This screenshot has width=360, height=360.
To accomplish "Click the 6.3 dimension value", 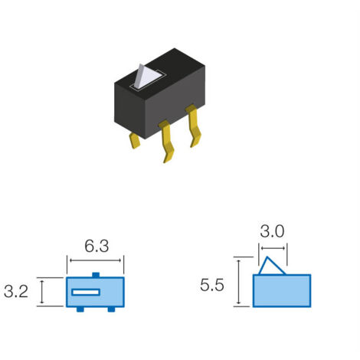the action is [97, 247].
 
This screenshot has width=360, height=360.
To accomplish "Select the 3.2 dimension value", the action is [16, 292].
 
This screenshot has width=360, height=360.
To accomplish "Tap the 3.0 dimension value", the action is [272, 231].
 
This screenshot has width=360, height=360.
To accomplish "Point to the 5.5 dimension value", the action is [212, 285].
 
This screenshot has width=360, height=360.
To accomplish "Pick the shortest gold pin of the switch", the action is [135, 140].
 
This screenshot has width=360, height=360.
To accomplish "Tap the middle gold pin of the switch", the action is [166, 141].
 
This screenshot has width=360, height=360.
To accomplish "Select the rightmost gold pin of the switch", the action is [194, 126].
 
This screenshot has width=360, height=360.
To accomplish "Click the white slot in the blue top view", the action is [86, 292].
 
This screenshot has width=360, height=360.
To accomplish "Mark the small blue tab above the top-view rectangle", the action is [96, 275].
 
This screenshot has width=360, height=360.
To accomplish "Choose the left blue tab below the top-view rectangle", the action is [80, 309].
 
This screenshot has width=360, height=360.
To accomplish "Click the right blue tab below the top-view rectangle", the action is [111, 309].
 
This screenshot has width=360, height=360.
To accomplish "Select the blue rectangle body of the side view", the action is [282, 291].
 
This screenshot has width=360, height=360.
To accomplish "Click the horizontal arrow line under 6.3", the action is [95, 260].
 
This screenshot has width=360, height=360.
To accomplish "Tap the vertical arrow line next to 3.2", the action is [42, 292].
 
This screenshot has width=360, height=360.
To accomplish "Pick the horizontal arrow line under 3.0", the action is [273, 248].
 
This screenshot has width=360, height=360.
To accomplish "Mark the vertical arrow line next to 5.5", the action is [239, 282].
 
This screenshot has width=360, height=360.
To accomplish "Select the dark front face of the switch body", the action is [175, 102].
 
